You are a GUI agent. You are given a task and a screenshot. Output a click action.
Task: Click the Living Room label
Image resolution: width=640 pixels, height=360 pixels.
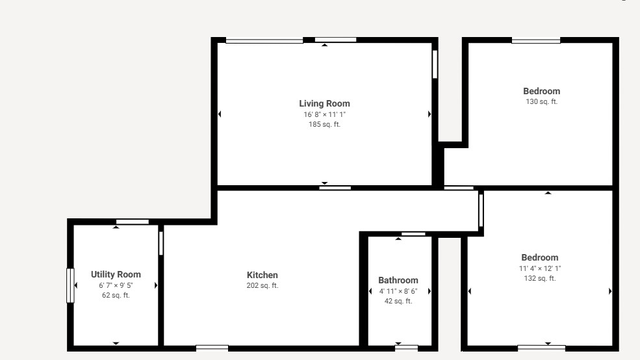(324, 104)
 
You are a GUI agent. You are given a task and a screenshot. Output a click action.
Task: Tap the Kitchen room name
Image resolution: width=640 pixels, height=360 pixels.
(262, 275)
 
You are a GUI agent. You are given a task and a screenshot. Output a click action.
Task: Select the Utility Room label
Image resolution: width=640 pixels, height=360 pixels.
(116, 274)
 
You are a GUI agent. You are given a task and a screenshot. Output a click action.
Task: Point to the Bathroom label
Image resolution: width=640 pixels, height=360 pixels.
(398, 280)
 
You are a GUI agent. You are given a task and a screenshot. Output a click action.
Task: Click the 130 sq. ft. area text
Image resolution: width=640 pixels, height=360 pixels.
(542, 101)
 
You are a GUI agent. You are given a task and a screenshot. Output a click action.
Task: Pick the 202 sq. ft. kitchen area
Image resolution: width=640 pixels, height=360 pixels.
(262, 286)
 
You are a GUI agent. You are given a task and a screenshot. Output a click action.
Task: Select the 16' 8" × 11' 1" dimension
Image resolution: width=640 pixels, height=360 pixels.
(324, 115)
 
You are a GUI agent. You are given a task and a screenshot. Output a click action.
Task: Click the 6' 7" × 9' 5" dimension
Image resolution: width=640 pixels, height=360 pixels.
(116, 285)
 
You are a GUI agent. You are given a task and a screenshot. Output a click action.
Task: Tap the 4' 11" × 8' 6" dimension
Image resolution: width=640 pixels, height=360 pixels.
(398, 291)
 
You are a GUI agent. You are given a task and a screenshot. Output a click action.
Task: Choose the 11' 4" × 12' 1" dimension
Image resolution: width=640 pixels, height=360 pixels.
(540, 268)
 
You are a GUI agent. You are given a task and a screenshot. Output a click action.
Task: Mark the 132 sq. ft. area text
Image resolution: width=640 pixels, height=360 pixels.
(540, 278)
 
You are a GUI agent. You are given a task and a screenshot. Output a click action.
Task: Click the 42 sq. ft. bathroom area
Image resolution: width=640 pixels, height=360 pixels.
(398, 302)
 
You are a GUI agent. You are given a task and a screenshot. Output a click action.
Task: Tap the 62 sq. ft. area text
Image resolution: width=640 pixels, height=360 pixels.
(116, 295)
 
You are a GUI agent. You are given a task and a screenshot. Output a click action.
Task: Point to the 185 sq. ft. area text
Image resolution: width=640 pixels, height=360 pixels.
(324, 125)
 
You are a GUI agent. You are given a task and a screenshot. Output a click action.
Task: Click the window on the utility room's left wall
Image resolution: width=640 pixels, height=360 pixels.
(70, 285)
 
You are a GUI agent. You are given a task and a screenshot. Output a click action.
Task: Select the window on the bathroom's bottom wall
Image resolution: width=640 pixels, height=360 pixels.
(407, 348)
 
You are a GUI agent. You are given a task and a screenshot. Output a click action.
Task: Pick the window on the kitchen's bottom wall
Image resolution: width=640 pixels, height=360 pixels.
(212, 348)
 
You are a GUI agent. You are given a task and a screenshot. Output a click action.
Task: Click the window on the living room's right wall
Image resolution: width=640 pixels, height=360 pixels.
(435, 64)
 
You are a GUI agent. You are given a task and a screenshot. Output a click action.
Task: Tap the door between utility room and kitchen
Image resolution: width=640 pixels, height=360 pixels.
(161, 243)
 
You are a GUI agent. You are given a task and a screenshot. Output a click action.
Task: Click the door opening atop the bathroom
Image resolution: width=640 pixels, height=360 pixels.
(413, 234)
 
